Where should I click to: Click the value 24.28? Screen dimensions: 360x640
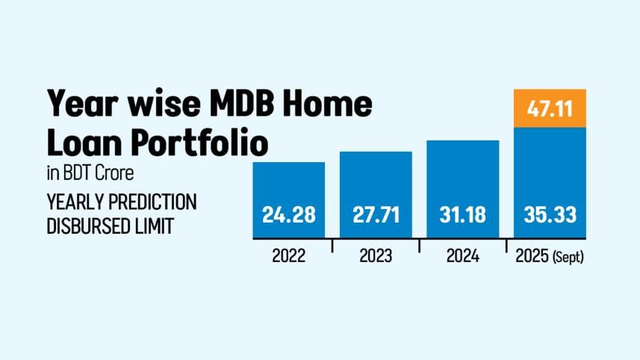(x=288, y=215)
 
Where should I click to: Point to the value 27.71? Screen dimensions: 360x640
(x=376, y=215)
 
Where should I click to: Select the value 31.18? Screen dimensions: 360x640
(x=462, y=215)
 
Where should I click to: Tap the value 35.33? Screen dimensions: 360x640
(x=549, y=215)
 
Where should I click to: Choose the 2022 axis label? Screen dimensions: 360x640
(x=288, y=257)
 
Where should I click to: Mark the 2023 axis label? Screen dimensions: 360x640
(x=376, y=257)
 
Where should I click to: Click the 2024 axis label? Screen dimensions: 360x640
(x=462, y=257)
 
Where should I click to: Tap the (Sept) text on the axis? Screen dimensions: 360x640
(x=568, y=258)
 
